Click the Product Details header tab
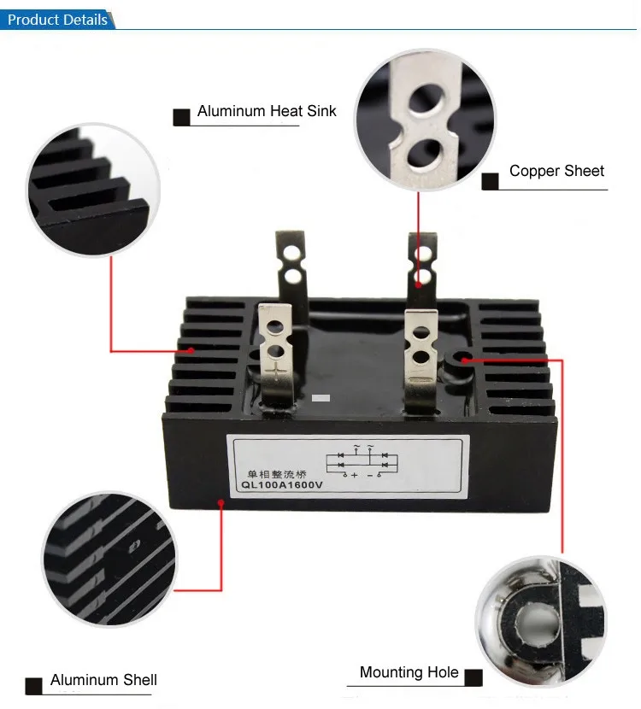(x=57, y=19)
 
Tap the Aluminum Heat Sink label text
(x=267, y=111)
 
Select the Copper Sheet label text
(x=556, y=171)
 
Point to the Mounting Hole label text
(x=409, y=673)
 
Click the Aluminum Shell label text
(x=103, y=680)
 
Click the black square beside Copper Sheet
(x=490, y=181)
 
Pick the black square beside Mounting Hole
(x=473, y=678)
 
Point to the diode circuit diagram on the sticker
(x=368, y=461)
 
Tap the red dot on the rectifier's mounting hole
(x=462, y=360)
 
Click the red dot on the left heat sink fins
(x=192, y=350)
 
